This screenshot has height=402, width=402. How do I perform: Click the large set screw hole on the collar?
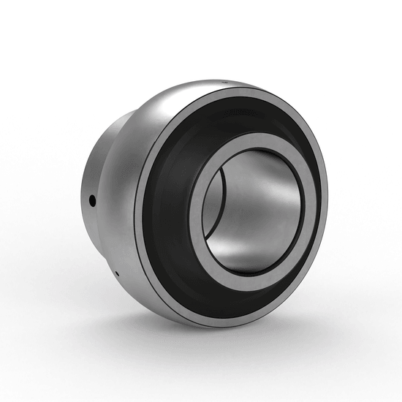[x=93, y=198]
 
